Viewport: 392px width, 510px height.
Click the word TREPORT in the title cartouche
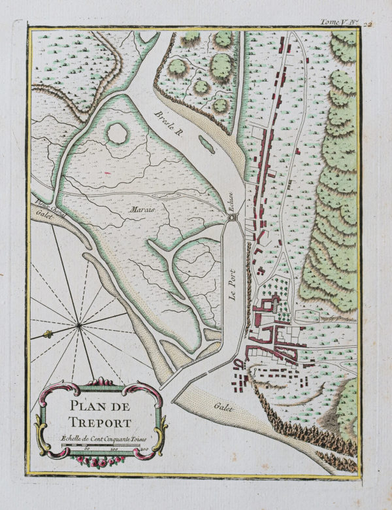tap(101, 422)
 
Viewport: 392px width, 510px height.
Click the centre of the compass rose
tap(78, 324)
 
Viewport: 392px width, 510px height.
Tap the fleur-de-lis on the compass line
tap(47, 335)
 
